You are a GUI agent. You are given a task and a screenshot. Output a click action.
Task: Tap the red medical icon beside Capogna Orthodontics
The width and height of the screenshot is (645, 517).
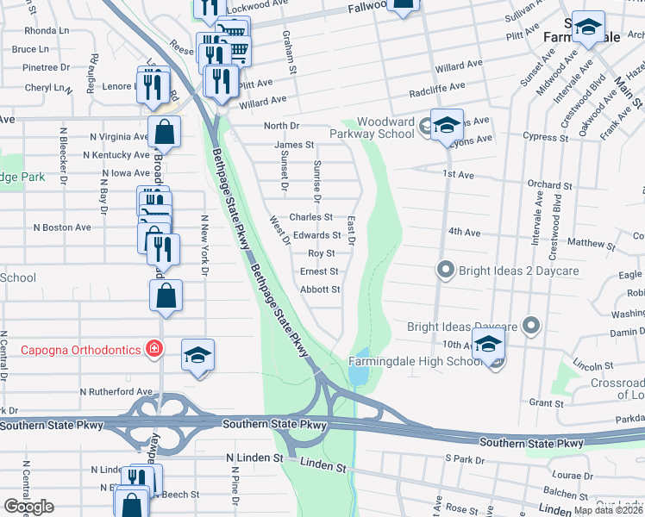click(x=153, y=349)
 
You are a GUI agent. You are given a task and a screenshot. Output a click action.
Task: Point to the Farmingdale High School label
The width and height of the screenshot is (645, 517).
click(x=416, y=360)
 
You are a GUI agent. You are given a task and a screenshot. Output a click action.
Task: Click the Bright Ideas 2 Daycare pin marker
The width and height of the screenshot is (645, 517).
click(x=445, y=271)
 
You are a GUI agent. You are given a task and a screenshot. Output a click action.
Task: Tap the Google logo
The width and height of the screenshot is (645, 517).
click(x=28, y=507)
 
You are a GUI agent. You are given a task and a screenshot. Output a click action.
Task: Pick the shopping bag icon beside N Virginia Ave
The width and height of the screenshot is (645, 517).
click(x=164, y=134)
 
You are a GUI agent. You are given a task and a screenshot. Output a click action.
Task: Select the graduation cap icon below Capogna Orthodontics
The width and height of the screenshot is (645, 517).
click(x=197, y=355)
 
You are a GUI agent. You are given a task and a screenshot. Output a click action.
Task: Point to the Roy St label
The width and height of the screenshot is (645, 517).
click(x=321, y=253)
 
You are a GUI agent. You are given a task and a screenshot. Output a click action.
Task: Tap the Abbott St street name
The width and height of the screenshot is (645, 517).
click(x=320, y=290)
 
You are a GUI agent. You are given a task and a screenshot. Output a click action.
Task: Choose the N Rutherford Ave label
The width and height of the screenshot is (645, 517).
click(x=116, y=391)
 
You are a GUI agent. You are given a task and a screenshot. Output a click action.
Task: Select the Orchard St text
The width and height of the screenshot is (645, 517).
click(x=545, y=184)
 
